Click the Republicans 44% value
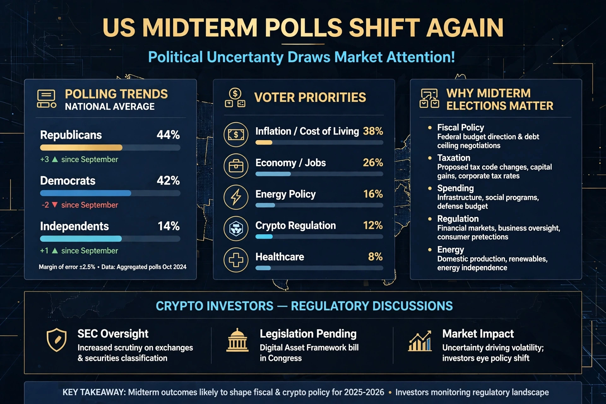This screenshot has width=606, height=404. click(168, 135)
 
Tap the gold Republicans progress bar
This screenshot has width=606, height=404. click(81, 147)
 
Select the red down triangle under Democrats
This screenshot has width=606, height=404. click(55, 205)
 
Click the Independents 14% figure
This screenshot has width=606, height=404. click(169, 226)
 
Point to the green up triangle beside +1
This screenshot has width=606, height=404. click(55, 251)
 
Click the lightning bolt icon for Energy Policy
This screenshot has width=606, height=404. click(236, 197)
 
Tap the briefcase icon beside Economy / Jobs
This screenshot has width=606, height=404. click(236, 166)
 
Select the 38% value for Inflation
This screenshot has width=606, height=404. click(373, 131)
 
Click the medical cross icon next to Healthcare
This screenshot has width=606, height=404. click(236, 260)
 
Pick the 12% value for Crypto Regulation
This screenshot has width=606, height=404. click(373, 225)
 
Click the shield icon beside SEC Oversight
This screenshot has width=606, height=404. click(56, 340)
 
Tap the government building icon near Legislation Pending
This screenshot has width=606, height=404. click(237, 340)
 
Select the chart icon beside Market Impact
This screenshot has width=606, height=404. click(420, 341)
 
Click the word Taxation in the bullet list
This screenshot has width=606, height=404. click(454, 158)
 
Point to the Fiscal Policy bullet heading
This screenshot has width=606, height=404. click(460, 128)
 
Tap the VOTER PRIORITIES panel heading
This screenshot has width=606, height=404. click(310, 98)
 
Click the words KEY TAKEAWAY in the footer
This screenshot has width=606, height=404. click(94, 392)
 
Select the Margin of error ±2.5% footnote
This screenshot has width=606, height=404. click(67, 267)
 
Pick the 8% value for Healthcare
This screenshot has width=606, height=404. click(375, 257)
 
